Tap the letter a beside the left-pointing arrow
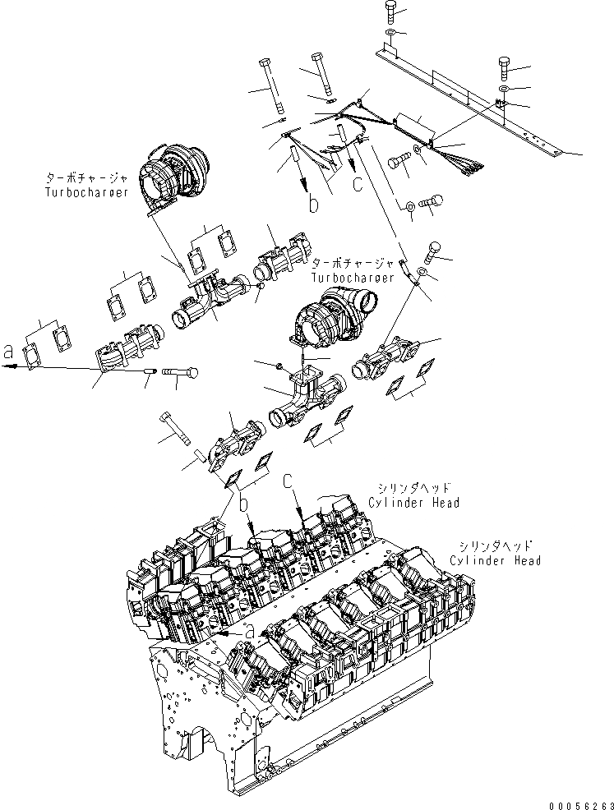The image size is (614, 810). click(x=9, y=352)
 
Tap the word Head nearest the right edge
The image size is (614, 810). click(x=524, y=560)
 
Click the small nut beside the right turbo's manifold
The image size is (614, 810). click(x=280, y=364)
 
